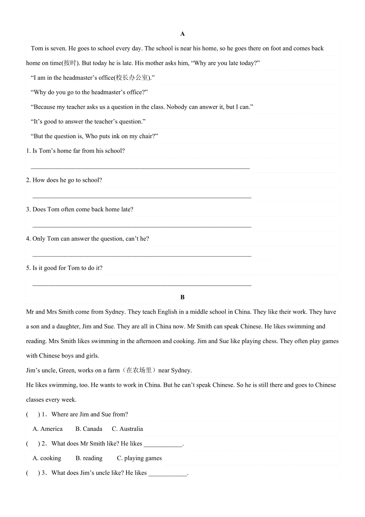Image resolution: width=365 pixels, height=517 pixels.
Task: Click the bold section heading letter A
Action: click(182, 34)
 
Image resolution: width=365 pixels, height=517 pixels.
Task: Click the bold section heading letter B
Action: click(182, 297)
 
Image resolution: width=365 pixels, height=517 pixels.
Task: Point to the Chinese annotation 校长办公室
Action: click(133, 78)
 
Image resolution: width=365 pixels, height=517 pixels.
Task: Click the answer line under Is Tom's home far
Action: click(140, 168)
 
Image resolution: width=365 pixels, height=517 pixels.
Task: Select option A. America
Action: click(48, 429)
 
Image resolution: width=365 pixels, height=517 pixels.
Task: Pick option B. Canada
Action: click(89, 429)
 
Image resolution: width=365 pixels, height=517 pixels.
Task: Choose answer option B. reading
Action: click(89, 458)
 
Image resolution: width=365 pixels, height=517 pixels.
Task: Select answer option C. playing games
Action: click(139, 458)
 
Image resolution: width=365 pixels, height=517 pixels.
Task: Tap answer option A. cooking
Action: click(47, 458)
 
